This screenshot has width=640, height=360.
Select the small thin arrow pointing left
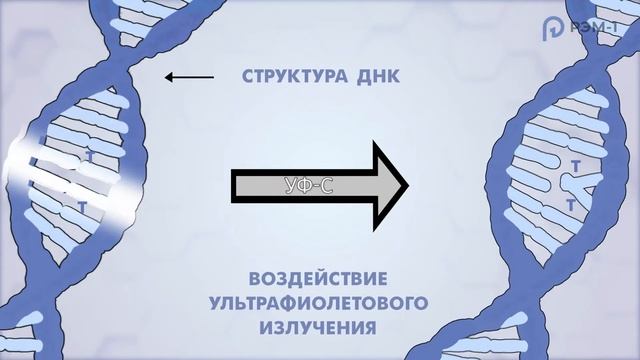pyautogui.click(x=189, y=76)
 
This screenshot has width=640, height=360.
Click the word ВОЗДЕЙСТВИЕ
pyautogui.click(x=319, y=277)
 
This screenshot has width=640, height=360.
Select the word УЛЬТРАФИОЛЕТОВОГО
pyautogui.click(x=318, y=301)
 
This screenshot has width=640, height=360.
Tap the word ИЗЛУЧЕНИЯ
pyautogui.click(x=319, y=326)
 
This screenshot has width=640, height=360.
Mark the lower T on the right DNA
pyautogui.click(x=571, y=204)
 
